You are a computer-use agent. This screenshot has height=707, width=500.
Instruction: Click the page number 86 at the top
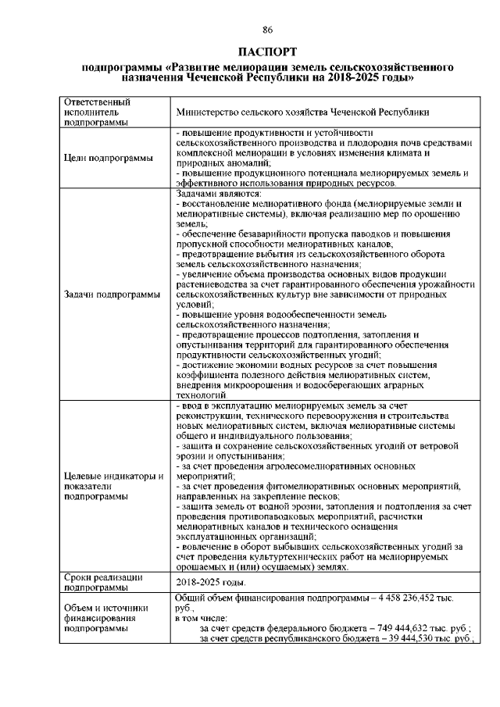pyautogui.click(x=267, y=30)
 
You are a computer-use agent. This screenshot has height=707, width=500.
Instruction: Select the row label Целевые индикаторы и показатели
pyautogui.click(x=112, y=485)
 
